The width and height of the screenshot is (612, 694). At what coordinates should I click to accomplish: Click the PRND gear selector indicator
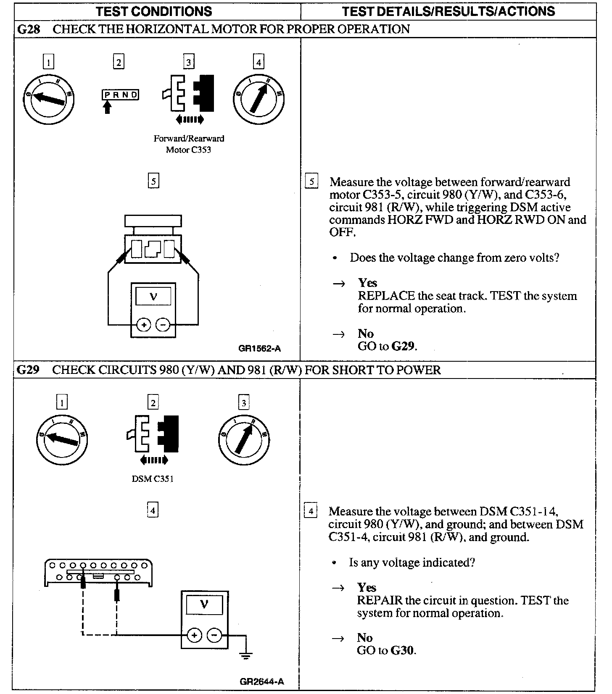(x=120, y=95)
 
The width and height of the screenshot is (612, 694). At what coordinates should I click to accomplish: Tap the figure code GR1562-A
(x=259, y=348)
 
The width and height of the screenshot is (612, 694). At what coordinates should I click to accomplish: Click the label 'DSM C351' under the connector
(x=152, y=478)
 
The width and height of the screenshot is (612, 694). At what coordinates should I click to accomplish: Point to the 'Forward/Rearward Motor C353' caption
(x=189, y=144)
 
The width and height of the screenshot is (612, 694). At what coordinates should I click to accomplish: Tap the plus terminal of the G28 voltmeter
(x=144, y=325)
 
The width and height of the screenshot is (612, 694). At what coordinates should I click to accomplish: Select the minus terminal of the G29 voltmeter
(x=215, y=635)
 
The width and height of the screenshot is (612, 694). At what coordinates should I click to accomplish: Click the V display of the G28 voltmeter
(x=153, y=296)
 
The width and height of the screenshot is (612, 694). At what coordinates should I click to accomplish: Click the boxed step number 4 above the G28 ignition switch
(x=259, y=63)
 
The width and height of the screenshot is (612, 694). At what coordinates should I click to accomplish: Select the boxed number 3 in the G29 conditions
(x=244, y=402)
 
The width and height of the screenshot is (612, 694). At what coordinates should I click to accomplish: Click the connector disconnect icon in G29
(x=154, y=437)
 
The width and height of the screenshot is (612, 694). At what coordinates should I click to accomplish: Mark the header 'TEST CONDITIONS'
(x=154, y=11)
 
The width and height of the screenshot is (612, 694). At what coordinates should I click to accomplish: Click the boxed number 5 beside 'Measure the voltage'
(x=311, y=181)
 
